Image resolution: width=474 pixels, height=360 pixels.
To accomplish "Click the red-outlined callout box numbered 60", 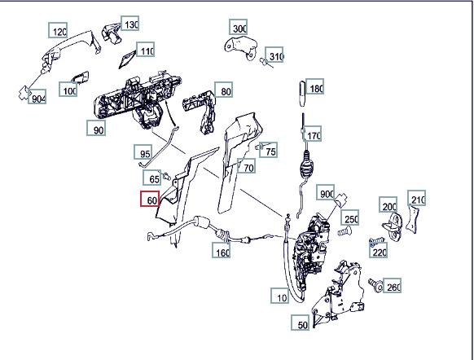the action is tap(150, 199).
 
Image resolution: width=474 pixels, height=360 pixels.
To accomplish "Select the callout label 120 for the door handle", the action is tap(58, 30).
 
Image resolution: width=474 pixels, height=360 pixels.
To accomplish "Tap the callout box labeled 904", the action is tap(37, 96).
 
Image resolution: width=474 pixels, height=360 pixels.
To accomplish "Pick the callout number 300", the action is tap(238, 27).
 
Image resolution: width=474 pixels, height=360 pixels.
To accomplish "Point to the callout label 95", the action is tap(143, 152).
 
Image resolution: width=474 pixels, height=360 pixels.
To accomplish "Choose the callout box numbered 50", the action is tap(301, 323).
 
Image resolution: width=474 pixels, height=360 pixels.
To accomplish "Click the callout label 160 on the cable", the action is tap(222, 250).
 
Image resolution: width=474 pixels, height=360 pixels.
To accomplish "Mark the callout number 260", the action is tap(392, 285).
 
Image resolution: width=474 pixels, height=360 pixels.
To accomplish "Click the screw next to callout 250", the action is tap(345, 232).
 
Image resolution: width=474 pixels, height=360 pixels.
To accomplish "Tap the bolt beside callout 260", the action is tap(375, 284).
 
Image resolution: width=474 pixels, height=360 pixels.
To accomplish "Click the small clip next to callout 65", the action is tap(166, 176).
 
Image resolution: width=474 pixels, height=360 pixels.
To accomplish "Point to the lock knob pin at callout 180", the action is tap(302, 94).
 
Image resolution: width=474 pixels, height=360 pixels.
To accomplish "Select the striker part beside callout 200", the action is tap(393, 225).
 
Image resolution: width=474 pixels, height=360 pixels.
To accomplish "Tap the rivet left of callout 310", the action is tap(264, 62).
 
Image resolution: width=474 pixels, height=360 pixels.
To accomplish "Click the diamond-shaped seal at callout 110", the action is tap(127, 59).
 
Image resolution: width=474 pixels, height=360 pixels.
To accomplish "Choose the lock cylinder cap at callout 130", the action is tap(112, 33).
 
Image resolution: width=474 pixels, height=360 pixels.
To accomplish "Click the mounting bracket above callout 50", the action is tap(337, 293).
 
